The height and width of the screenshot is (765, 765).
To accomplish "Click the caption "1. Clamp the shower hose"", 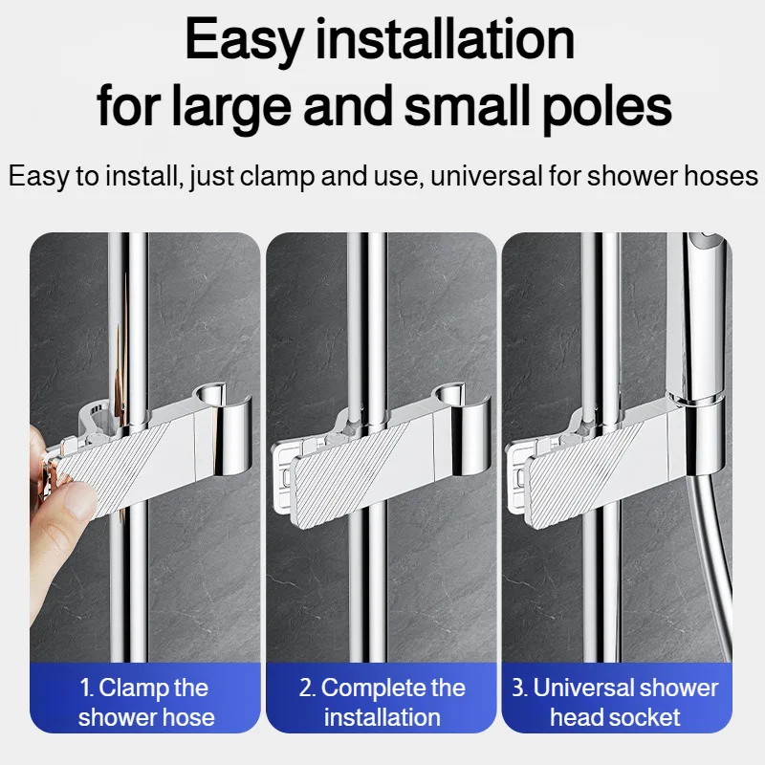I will coord(146,702).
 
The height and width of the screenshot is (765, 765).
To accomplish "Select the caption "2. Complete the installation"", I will coord(382,702).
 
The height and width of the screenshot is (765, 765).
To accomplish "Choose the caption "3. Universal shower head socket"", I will coord(616,702).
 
